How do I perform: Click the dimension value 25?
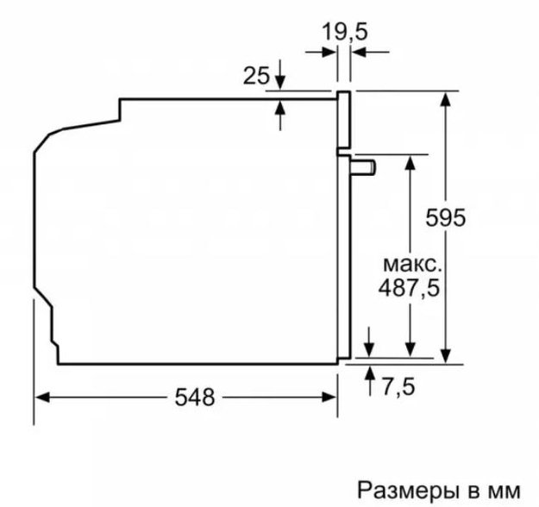pyautogui.click(x=256, y=76)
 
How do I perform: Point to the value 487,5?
pyautogui.click(x=409, y=289)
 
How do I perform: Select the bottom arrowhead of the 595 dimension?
pyautogui.click(x=446, y=353)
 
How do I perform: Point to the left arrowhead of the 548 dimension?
pyautogui.click(x=43, y=397)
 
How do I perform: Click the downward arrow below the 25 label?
pyautogui.click(x=281, y=84)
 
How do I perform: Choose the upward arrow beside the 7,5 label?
pyautogui.click(x=370, y=372)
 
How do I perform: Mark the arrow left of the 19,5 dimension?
pyautogui.click(x=329, y=53)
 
